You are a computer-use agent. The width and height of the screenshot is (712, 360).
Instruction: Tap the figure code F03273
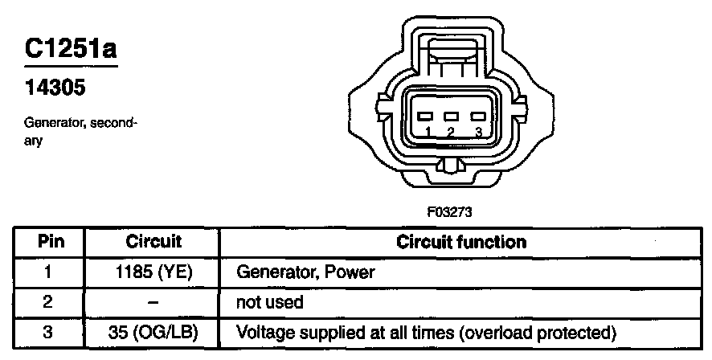point(449,213)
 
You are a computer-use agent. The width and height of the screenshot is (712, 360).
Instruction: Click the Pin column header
point(49,242)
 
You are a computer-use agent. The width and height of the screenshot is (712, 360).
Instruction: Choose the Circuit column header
point(153,242)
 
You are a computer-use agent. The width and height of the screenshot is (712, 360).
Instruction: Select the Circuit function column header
point(462,242)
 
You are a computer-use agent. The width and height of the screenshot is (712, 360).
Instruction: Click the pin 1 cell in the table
point(49,272)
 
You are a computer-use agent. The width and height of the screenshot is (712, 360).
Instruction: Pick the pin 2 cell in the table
point(49,302)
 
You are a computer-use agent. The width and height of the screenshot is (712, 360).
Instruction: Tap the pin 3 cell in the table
point(49,331)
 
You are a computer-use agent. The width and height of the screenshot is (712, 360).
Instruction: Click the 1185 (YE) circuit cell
point(153,272)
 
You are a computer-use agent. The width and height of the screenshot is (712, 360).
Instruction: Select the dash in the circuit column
point(153,302)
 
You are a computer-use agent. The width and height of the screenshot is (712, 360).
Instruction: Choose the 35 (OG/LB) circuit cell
point(153,331)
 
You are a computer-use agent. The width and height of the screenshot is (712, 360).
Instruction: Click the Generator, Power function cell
point(305,272)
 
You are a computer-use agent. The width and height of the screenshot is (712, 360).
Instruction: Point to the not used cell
point(269,302)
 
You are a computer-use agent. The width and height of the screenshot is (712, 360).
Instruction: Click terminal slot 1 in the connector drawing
point(428,116)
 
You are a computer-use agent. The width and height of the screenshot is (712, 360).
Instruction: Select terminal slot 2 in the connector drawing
point(451,116)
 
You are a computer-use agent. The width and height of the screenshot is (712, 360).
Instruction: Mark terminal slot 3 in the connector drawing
point(477,116)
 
